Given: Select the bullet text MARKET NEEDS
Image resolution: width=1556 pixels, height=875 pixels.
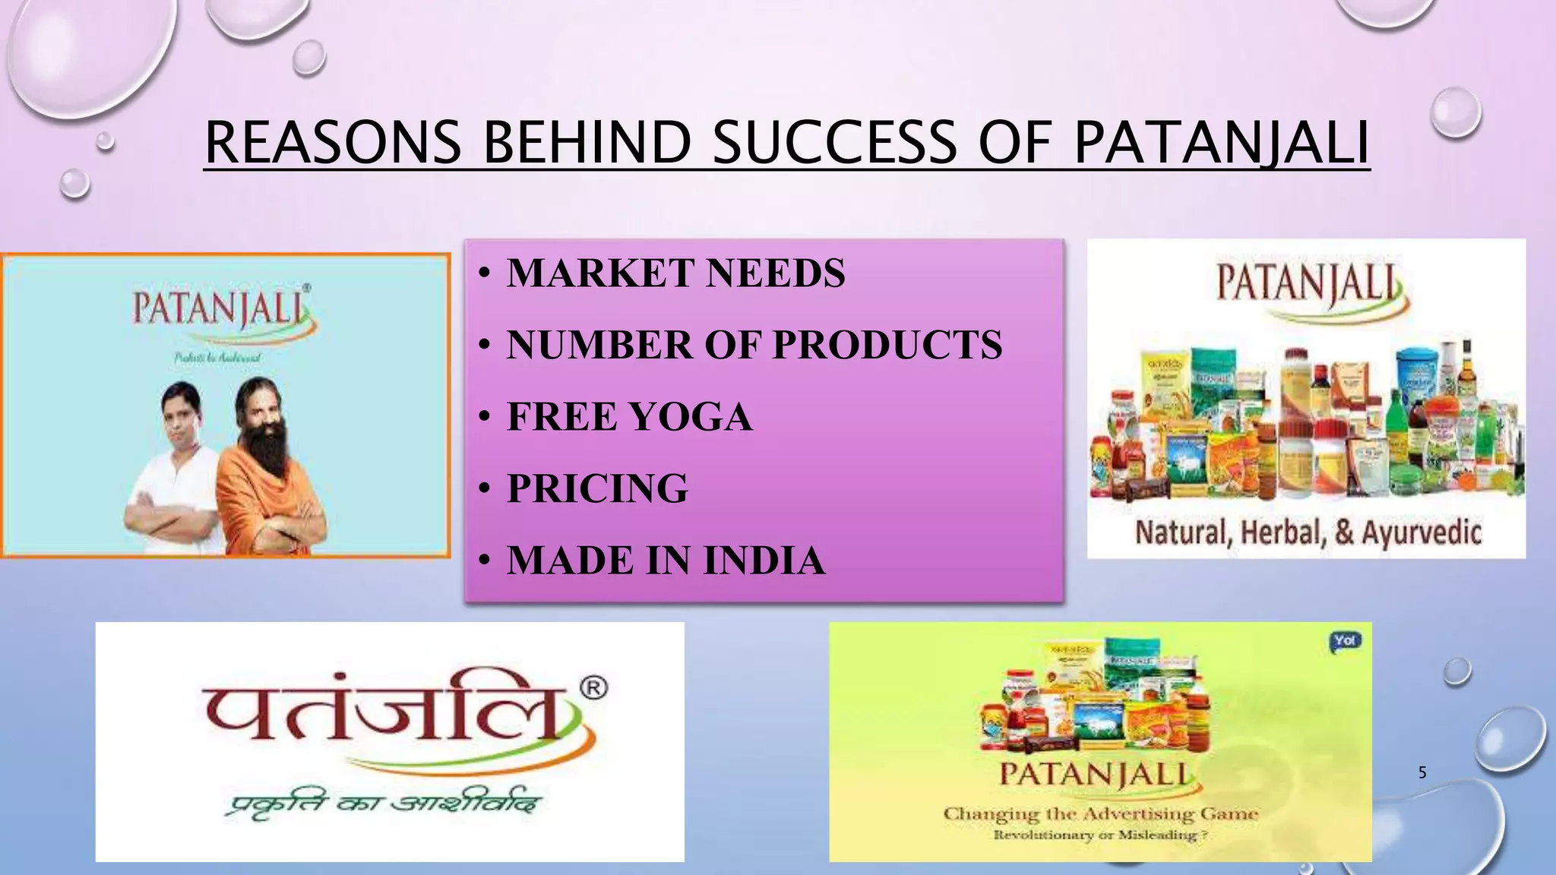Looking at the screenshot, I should point(675,273).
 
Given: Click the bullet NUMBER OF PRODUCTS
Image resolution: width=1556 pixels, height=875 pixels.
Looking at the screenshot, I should point(754,345).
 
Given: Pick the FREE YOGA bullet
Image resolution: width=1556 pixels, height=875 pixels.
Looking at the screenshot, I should point(629,417).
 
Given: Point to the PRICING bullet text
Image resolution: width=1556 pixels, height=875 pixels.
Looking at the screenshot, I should point(597,488).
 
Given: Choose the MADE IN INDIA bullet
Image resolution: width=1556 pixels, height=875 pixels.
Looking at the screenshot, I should point(666,561).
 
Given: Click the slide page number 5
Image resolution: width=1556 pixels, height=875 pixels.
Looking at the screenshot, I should point(1422,772).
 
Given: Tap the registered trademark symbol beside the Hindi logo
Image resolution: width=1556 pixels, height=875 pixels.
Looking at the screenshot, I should point(593,688).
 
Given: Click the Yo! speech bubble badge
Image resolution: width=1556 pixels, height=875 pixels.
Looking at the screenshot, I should point(1345,641).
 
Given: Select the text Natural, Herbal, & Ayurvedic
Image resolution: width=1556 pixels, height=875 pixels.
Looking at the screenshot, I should point(1308,532).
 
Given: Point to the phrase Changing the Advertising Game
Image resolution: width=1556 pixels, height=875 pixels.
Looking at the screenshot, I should point(1100,813).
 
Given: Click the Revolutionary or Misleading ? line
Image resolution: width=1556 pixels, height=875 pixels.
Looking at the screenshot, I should point(1100,836).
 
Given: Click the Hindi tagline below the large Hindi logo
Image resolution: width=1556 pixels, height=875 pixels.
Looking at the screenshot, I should point(384,804).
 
